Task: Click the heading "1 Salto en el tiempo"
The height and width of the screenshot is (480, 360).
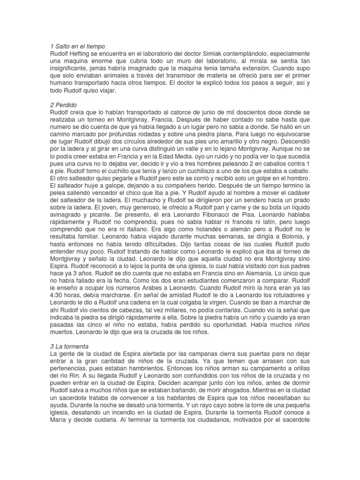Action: [77, 46]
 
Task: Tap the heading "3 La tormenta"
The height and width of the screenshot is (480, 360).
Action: [71, 346]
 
